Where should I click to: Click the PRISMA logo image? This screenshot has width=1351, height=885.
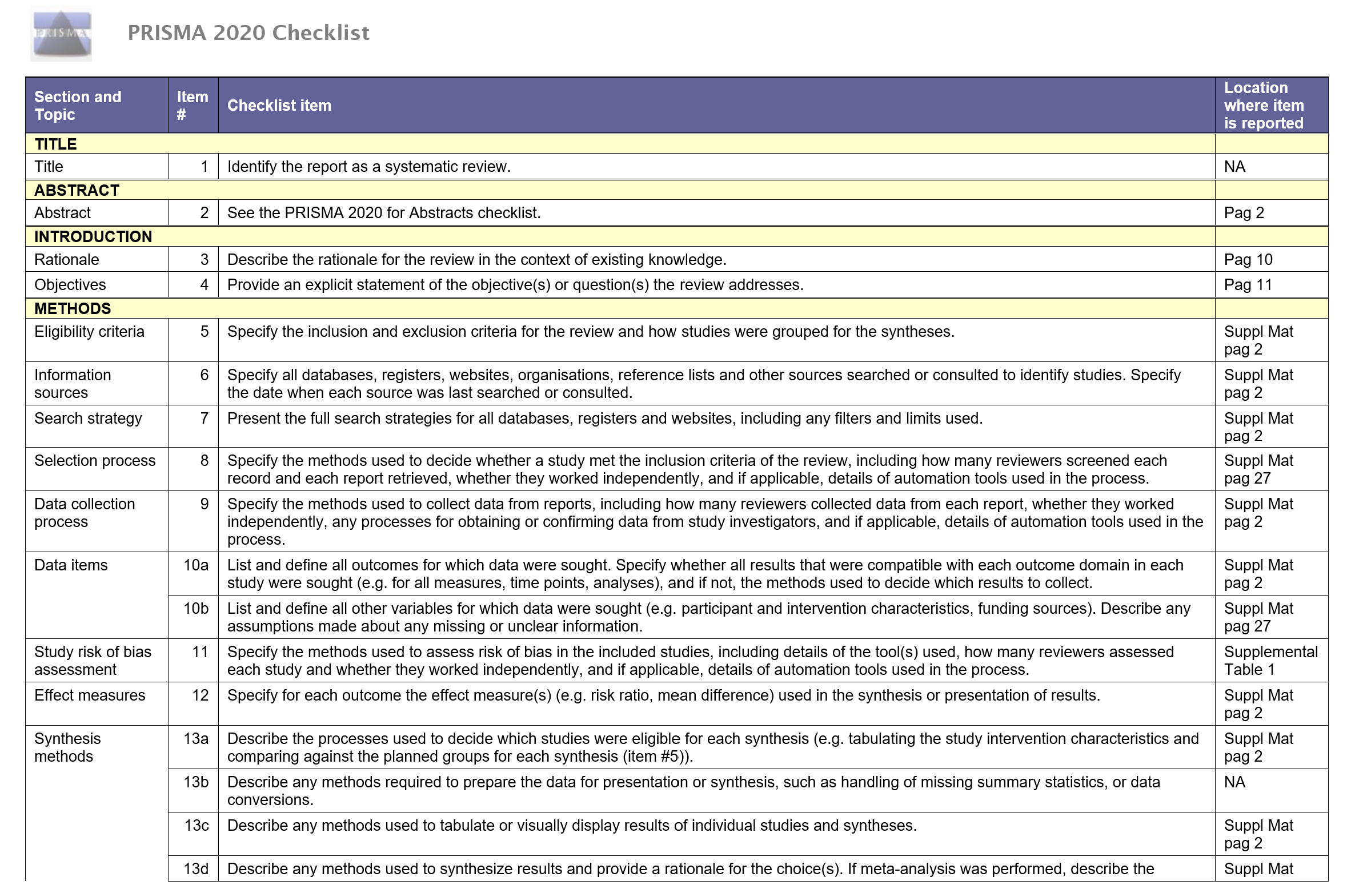(61, 34)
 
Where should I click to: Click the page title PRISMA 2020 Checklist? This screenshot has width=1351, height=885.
(248, 33)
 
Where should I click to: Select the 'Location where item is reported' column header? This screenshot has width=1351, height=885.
(1264, 106)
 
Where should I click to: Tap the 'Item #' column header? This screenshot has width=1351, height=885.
(192, 106)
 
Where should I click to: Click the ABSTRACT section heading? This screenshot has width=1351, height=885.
(77, 190)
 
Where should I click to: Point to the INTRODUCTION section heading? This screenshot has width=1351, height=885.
(93, 236)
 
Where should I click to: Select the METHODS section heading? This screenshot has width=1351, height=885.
(73, 308)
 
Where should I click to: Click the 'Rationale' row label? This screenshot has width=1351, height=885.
(67, 260)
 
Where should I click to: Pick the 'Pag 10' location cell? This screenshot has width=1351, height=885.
(1248, 260)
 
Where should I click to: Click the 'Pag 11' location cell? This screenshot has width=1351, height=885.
(1248, 285)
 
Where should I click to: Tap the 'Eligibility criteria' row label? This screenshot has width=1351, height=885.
(89, 332)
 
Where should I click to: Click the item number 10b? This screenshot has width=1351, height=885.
(196, 609)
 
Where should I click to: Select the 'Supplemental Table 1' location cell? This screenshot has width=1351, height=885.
(1270, 661)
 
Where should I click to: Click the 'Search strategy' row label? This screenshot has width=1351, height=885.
(88, 419)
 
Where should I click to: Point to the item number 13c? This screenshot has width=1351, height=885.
(197, 826)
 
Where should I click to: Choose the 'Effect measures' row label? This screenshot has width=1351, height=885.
(90, 695)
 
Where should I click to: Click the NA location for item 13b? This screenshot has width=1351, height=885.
(1234, 782)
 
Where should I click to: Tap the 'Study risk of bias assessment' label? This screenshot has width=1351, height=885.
(93, 661)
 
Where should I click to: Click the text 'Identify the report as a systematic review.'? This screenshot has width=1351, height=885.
(368, 167)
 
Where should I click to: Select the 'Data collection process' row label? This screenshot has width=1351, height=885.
(85, 513)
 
